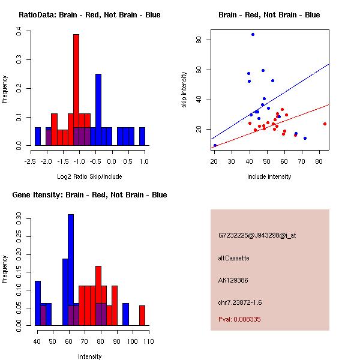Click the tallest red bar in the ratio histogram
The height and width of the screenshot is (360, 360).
click(76, 90)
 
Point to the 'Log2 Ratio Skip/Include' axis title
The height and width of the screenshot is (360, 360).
click(89, 176)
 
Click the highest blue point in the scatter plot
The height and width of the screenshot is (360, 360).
click(253, 34)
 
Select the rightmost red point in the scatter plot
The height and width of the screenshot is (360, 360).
click(325, 124)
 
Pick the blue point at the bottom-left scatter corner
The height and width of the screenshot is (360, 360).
click(215, 145)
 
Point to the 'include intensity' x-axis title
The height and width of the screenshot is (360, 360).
click(269, 176)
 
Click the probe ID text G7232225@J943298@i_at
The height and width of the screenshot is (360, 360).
click(257, 235)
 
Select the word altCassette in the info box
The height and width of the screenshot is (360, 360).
click(233, 258)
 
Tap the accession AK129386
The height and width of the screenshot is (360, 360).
click(233, 280)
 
